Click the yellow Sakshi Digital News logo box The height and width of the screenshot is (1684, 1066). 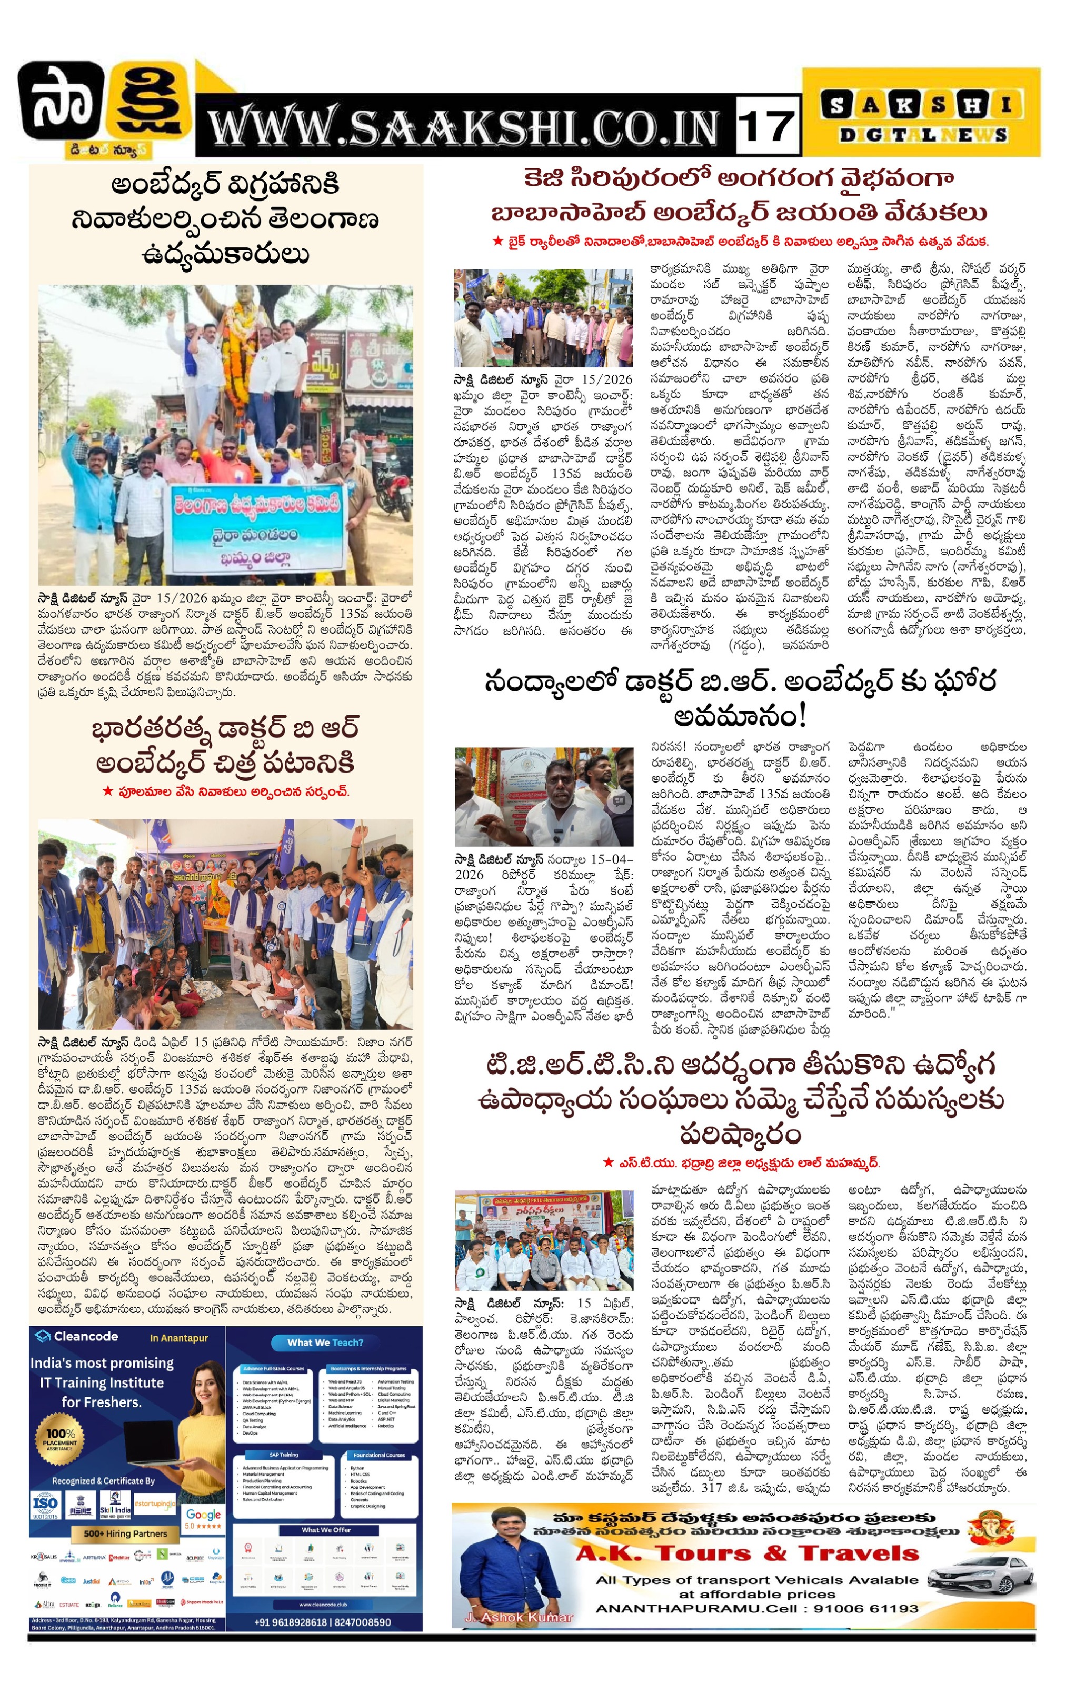pyautogui.click(x=921, y=113)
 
